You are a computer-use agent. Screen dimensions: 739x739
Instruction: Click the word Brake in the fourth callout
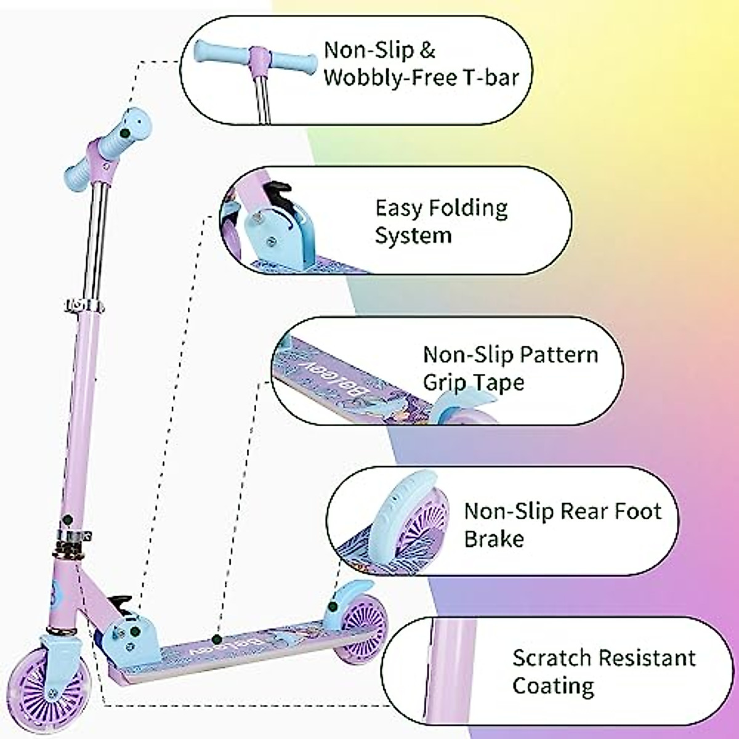pyautogui.click(x=494, y=539)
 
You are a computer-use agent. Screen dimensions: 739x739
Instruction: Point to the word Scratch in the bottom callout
pyautogui.click(x=551, y=658)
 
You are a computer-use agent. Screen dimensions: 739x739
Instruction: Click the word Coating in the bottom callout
pyautogui.click(x=553, y=685)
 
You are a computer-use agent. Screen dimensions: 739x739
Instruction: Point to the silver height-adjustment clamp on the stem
pyautogui.click(x=79, y=304)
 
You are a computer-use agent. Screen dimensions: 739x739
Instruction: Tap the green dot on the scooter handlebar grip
pyautogui.click(x=125, y=132)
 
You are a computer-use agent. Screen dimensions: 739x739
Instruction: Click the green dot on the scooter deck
pyautogui.click(x=216, y=639)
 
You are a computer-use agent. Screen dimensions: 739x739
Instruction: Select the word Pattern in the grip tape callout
pyautogui.click(x=559, y=355)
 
